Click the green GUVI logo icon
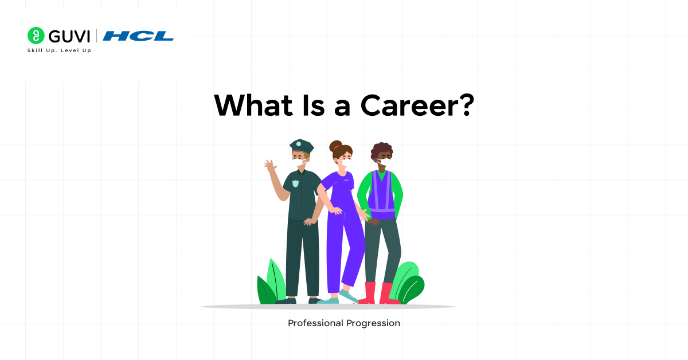click(x=36, y=36)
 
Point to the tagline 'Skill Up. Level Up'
click(x=59, y=50)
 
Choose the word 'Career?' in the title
click(x=417, y=105)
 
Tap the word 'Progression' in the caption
click(x=373, y=323)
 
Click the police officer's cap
click(x=301, y=146)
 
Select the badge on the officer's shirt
click(x=295, y=183)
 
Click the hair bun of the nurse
click(x=335, y=145)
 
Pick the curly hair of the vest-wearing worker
click(x=381, y=150)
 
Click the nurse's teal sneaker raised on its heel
click(x=348, y=295)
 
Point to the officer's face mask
click(x=301, y=163)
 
